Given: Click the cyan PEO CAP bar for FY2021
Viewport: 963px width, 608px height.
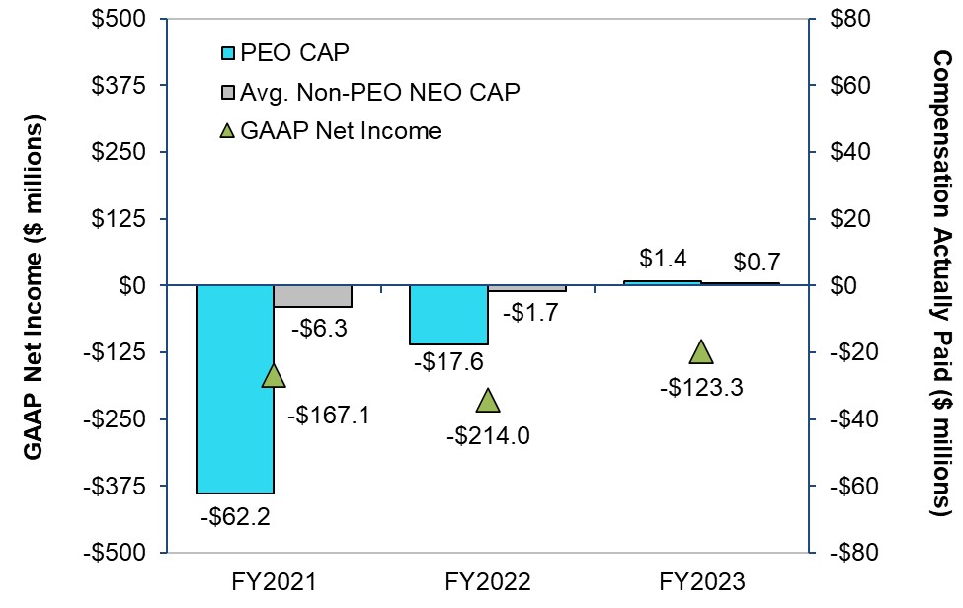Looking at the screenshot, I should [x=235, y=388].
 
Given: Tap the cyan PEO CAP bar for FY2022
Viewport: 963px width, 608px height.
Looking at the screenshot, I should [x=448, y=314].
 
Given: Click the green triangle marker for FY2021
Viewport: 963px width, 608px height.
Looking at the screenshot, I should [x=274, y=375].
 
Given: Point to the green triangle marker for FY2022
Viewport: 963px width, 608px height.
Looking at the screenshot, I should [x=487, y=400].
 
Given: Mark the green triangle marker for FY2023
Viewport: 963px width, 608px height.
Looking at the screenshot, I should [x=701, y=352].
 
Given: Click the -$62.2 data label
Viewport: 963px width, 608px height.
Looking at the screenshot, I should [x=235, y=514].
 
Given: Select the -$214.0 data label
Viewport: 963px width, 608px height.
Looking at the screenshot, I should [x=487, y=434].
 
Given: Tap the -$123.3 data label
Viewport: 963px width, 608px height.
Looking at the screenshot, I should [x=701, y=386].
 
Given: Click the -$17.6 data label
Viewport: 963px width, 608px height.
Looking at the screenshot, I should [x=448, y=362].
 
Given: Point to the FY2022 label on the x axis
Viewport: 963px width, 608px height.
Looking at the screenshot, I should [x=487, y=580].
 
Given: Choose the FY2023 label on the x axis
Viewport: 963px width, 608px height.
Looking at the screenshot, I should [x=701, y=580].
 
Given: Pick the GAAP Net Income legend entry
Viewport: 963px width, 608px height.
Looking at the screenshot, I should [x=341, y=130].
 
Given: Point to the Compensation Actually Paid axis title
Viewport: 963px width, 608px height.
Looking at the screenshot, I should [x=941, y=285].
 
